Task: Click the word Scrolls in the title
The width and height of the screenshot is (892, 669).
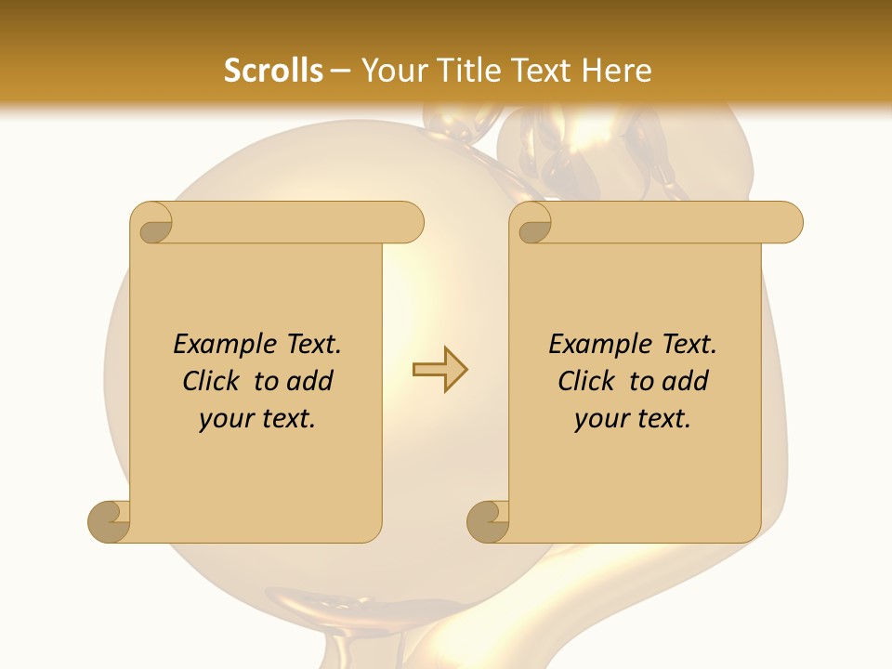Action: (273, 71)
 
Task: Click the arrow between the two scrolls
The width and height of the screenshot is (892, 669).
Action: (439, 370)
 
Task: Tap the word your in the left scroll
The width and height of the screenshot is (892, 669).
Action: (224, 419)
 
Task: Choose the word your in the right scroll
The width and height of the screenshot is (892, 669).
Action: (599, 419)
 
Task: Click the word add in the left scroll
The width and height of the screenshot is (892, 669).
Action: (309, 381)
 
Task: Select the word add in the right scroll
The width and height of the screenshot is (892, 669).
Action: (685, 381)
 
